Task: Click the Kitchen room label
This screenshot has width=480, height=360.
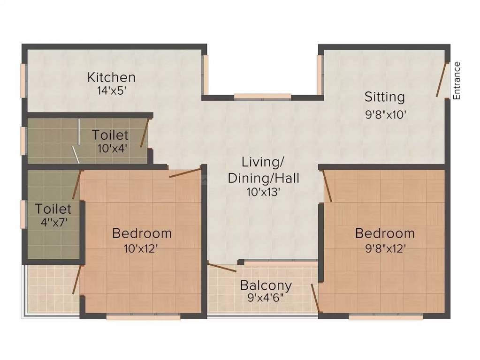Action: click(111, 77)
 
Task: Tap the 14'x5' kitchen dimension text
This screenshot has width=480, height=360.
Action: click(111, 90)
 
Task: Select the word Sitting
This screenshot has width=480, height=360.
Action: click(385, 97)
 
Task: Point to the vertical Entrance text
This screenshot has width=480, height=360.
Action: click(457, 80)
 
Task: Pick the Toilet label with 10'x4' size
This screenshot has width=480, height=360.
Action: click(110, 135)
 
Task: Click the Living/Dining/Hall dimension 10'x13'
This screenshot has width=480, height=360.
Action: click(263, 191)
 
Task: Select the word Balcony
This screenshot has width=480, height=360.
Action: click(266, 285)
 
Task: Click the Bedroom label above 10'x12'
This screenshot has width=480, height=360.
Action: click(142, 233)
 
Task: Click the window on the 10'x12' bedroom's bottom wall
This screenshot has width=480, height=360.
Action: click(143, 317)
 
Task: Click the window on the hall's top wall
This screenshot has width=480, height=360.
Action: click(262, 97)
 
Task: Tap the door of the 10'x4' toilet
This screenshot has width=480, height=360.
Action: click(145, 133)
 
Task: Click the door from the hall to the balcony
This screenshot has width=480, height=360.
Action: click(222, 268)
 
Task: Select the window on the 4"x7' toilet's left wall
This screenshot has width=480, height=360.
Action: click(23, 214)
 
